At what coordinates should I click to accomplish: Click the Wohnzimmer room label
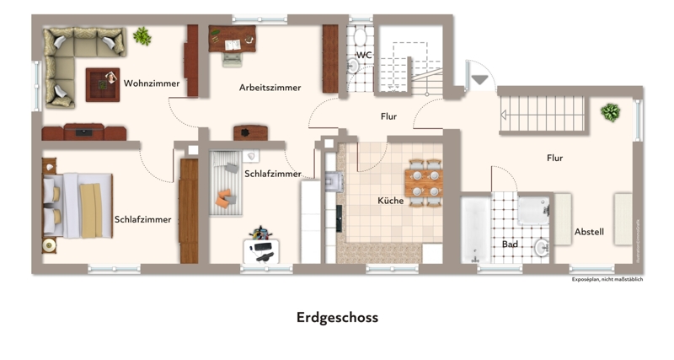[152, 83]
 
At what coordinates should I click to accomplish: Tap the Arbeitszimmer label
[270, 88]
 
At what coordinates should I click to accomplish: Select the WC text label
[364, 55]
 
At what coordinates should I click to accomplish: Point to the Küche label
[391, 201]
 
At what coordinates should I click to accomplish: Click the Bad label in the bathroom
[510, 244]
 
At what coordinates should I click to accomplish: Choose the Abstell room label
[589, 232]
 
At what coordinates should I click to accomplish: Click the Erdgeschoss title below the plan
[337, 318]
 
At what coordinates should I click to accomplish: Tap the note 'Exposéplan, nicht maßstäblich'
[607, 279]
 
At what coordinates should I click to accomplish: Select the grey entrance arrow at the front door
[480, 80]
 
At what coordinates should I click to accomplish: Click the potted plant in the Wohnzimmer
[142, 36]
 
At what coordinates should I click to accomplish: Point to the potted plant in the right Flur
[610, 112]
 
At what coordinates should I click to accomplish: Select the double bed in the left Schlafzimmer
[76, 206]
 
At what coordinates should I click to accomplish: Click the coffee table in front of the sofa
[103, 84]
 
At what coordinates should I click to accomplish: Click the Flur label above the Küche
[388, 116]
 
